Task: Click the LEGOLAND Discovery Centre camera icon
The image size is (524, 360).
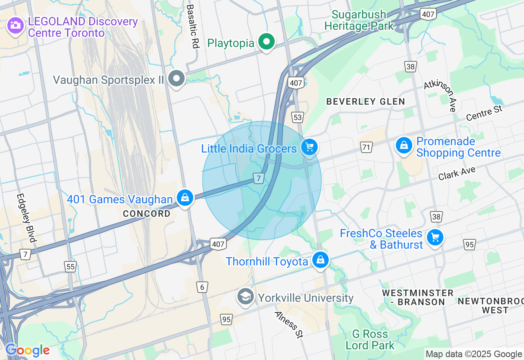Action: point(16,25)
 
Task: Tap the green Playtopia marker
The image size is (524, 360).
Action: point(267,42)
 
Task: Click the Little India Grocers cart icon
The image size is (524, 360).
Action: point(309,147)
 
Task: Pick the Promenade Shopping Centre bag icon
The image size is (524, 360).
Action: point(404,145)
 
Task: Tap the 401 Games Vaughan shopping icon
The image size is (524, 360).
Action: point(185,198)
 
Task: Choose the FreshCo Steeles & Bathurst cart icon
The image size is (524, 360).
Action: point(435,237)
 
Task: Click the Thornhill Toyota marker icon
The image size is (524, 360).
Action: point(321,259)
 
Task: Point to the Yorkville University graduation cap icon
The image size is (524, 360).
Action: point(246,297)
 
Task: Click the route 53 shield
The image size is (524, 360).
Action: point(298,117)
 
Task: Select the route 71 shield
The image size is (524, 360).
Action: point(366,147)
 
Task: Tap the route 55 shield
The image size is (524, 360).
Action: point(70,267)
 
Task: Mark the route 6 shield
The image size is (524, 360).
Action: point(202,287)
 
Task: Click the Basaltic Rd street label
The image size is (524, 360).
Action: point(192,27)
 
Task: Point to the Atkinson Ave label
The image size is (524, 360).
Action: point(440,95)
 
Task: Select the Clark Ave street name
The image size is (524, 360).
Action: point(456,173)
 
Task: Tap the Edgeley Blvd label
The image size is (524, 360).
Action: point(27,217)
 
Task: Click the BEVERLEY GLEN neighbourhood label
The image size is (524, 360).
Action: point(366,101)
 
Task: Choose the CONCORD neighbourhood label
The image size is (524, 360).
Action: point(147,214)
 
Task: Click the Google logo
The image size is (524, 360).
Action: point(27,351)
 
